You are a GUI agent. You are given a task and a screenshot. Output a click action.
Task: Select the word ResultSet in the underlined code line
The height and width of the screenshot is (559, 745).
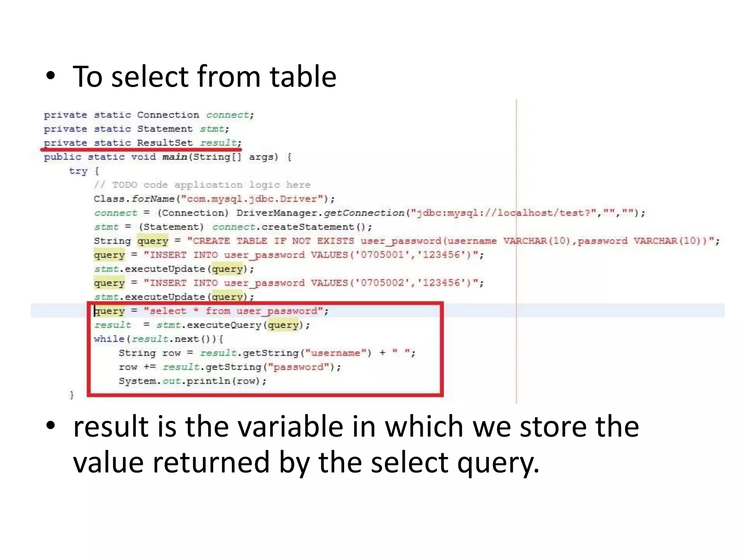point(164,143)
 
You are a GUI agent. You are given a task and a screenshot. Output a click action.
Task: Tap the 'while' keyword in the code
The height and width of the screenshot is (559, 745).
point(109,339)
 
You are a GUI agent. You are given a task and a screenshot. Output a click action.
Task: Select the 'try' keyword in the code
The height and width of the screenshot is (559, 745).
point(78,171)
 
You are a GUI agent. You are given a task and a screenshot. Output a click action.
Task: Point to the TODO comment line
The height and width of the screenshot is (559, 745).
point(202,185)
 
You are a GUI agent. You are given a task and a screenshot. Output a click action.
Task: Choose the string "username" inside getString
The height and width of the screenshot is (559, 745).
point(335,353)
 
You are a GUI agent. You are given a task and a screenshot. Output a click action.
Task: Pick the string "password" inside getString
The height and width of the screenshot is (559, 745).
point(298,367)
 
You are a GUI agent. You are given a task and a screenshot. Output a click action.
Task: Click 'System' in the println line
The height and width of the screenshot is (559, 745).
point(137,381)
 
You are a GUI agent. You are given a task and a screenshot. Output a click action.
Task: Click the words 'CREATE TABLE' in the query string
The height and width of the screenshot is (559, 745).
point(230,241)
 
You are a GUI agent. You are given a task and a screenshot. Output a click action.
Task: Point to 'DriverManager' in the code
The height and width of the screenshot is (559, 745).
point(276,213)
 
